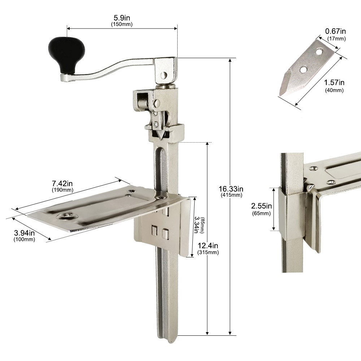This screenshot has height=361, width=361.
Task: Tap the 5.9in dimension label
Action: (122, 17)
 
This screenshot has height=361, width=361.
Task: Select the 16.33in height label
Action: (231, 189)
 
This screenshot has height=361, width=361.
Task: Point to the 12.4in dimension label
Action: (208, 245)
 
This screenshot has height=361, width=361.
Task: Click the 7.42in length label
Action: (62, 183)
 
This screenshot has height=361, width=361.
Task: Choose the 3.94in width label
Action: (25, 233)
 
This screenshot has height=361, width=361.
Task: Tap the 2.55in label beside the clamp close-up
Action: (261, 206)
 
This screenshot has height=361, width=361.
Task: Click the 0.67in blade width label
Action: (335, 31)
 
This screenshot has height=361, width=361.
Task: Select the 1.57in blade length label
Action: (334, 82)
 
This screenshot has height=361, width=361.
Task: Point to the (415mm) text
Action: (231, 195)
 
